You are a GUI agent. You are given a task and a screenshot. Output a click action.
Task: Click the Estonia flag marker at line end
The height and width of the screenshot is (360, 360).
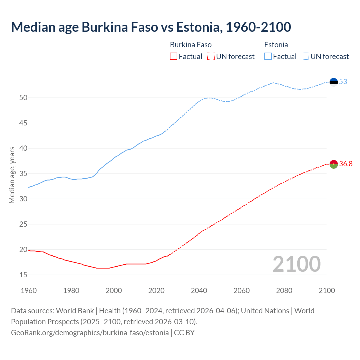(x=334, y=82)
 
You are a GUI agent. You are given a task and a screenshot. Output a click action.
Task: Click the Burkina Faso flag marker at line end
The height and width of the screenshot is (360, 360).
(x=334, y=164)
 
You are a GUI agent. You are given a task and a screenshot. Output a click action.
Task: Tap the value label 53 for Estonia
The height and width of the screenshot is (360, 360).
(x=343, y=82)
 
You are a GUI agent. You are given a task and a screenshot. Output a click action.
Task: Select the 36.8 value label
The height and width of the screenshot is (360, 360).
(x=346, y=164)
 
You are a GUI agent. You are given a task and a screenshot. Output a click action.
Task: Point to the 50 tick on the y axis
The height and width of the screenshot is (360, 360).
(x=23, y=98)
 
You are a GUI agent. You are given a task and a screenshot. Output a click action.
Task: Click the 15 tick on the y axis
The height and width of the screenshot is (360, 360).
(x=23, y=275)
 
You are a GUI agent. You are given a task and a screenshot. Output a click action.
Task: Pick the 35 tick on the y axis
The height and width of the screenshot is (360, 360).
(x=23, y=174)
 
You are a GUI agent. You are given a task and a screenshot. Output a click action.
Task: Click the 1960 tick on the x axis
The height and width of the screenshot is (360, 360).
(x=29, y=291)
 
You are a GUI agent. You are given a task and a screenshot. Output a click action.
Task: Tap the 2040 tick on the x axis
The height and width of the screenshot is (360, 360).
(x=199, y=291)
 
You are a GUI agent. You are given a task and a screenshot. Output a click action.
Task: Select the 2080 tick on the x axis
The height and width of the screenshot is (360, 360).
(x=284, y=291)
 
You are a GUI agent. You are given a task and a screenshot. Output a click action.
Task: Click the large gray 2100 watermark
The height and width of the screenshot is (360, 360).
(x=296, y=264)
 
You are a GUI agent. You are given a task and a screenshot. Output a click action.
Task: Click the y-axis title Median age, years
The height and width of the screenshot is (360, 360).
(x=12, y=175)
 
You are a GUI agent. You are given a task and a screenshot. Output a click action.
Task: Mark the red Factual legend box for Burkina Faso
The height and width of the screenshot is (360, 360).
(x=174, y=57)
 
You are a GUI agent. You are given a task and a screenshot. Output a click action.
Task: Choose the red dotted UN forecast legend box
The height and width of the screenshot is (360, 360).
(x=211, y=57)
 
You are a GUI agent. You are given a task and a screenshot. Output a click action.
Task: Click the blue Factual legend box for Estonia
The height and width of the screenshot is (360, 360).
(x=268, y=57)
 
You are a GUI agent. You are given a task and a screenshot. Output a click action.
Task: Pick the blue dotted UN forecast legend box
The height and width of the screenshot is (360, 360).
(x=305, y=57)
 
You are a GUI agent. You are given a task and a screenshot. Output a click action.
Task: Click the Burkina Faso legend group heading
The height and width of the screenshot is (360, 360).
(x=191, y=45)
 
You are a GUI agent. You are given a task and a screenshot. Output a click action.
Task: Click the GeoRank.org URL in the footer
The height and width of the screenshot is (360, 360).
(x=90, y=332)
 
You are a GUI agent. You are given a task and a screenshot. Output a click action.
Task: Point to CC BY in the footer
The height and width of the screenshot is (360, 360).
(x=184, y=332)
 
